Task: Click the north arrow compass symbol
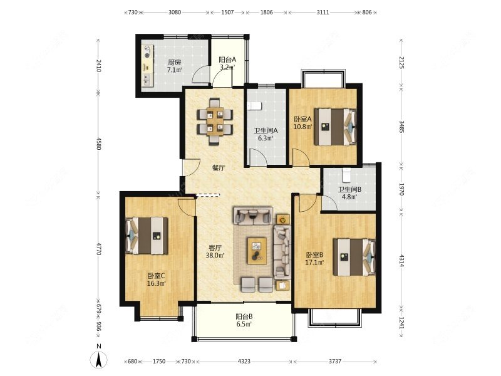coord(99,360)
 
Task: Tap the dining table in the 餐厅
coord(215,122)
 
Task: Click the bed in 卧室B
coord(354,257)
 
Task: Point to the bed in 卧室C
coord(147,236)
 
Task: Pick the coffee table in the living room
coord(257,251)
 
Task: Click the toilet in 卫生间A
coord(255,106)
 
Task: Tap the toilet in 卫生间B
coord(347,175)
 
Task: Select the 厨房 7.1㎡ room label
coord(175,66)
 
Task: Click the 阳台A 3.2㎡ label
coord(227,63)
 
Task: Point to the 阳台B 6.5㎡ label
coord(244,320)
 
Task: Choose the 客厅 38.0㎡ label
coord(215,251)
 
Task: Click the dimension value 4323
coord(244,362)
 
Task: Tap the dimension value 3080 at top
coord(175,13)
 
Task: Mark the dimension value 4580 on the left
coord(99,144)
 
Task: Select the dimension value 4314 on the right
coord(401,261)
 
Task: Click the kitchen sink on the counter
coord(147,80)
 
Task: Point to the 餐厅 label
coord(219,167)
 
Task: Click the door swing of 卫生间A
coord(257,157)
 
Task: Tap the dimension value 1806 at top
coord(267,13)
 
